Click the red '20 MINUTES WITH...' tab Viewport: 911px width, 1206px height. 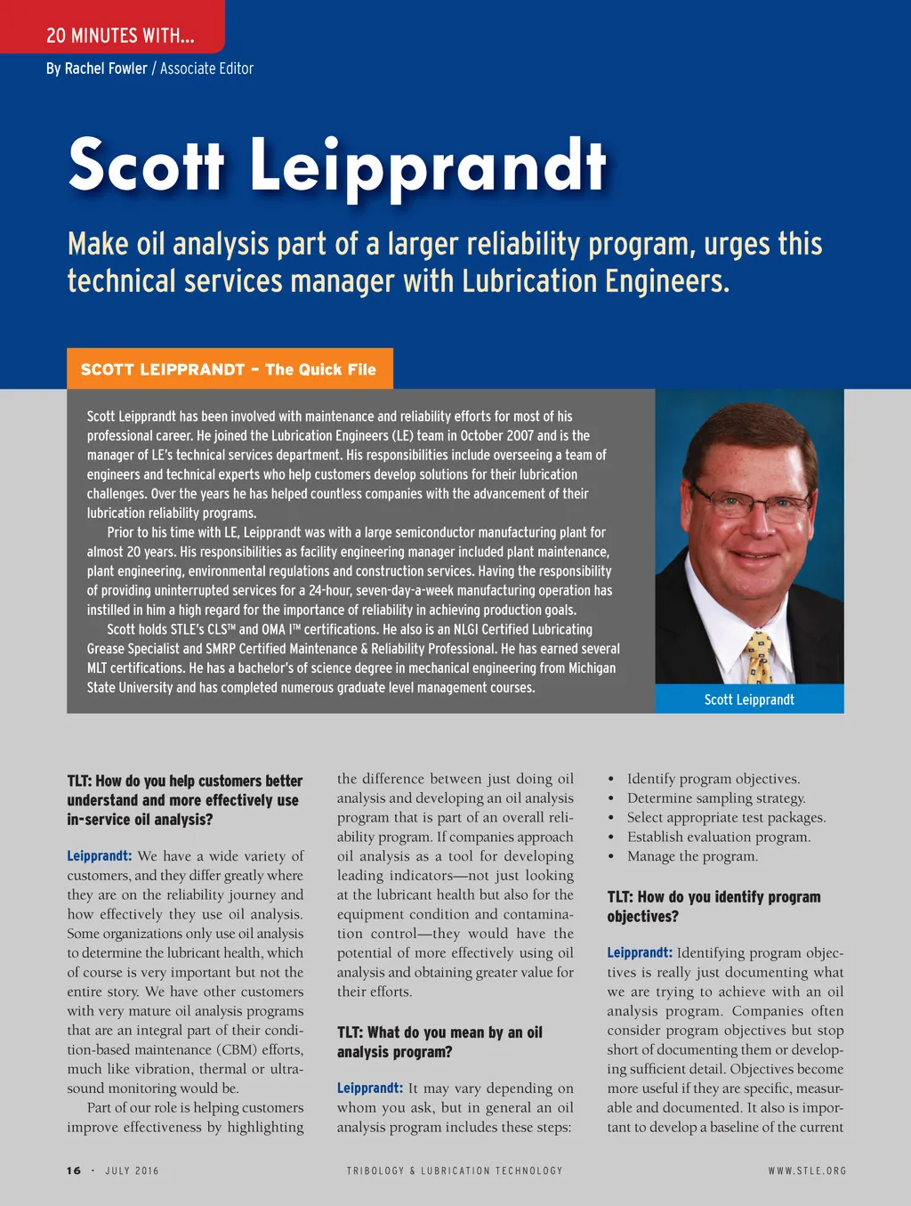pyautogui.click(x=119, y=36)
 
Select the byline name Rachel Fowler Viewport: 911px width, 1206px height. pyautogui.click(x=106, y=69)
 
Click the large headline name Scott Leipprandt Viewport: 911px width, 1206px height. pyautogui.click(x=337, y=166)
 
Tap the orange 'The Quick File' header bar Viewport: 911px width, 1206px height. pyautogui.click(x=230, y=369)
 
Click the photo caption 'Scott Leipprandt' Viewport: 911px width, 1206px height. pyautogui.click(x=749, y=700)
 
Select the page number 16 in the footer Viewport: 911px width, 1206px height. pyautogui.click(x=74, y=1170)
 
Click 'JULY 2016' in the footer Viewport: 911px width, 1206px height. pyautogui.click(x=132, y=1170)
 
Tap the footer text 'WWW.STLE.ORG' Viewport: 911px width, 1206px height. pyautogui.click(x=807, y=1170)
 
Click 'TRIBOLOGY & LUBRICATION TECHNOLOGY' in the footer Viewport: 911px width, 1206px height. pyautogui.click(x=455, y=1170)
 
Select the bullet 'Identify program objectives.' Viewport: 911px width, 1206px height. pyautogui.click(x=713, y=779)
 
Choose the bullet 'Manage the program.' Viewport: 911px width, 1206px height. pyautogui.click(x=692, y=856)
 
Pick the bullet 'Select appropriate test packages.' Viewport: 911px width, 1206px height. pyautogui.click(x=726, y=817)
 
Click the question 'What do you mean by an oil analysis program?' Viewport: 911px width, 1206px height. pyautogui.click(x=439, y=1042)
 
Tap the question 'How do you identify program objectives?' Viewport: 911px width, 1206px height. pyautogui.click(x=713, y=906)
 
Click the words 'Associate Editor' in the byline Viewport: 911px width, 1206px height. pyautogui.click(x=206, y=69)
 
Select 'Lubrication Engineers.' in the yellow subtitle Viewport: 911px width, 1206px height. pyautogui.click(x=595, y=281)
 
